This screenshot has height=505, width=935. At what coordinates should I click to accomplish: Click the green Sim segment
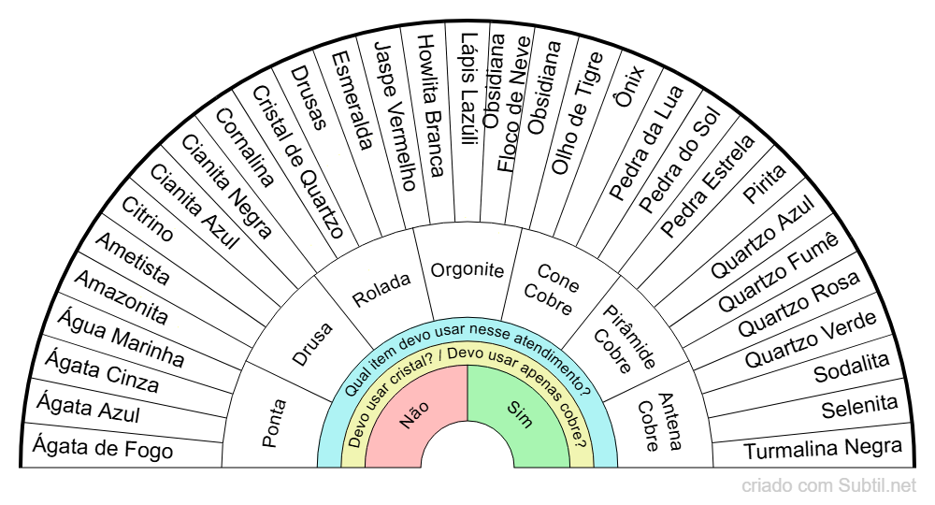coord(520,415)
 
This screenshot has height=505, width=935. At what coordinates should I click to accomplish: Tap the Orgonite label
coord(467,270)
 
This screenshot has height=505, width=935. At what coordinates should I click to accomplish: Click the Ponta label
coord(274,424)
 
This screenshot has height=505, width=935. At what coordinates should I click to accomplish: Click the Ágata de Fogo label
coord(103,449)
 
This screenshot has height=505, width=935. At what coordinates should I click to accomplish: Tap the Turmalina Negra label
coord(823,450)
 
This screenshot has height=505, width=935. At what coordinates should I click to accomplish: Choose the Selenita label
coord(859,407)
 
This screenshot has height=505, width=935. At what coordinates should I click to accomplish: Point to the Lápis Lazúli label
coord(468,89)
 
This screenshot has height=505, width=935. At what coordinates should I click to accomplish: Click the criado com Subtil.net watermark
coord(829,486)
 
